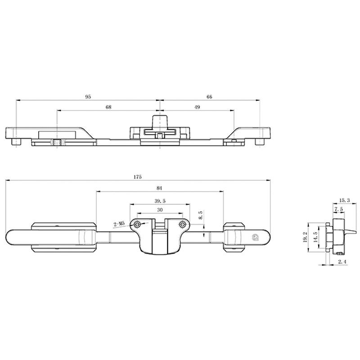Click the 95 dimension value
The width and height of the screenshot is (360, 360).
[89, 96]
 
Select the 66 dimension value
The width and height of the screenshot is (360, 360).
[209, 96]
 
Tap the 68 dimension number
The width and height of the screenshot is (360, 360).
[108, 107]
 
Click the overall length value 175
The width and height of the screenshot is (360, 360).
[138, 177]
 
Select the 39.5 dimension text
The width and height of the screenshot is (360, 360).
[160, 201]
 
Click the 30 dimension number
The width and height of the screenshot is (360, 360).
[160, 210]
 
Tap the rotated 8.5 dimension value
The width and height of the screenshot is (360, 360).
[201, 215]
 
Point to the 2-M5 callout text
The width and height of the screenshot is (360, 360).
[120, 224]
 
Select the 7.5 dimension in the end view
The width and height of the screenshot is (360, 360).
[339, 209]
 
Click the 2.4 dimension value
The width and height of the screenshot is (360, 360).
[342, 261]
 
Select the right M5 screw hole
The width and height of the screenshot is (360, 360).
[182, 224]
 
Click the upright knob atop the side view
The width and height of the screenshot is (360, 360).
[160, 120]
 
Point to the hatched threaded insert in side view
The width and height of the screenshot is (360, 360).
[58, 143]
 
